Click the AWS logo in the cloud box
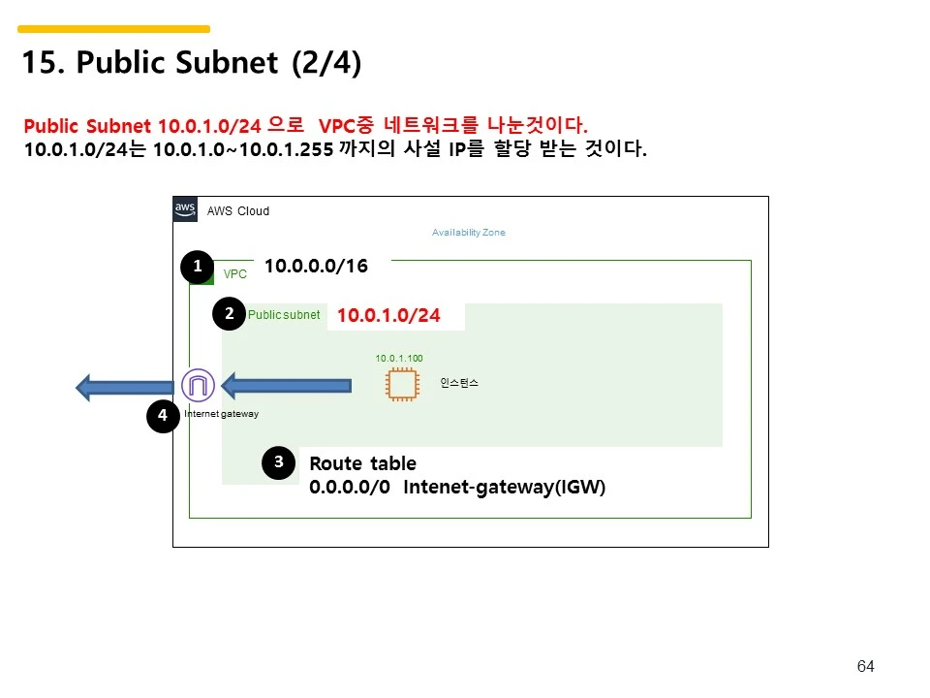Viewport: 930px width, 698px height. [x=185, y=208]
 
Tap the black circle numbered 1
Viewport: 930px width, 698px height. [x=198, y=267]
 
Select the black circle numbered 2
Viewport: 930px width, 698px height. [x=230, y=314]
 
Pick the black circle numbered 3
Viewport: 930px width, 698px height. [x=278, y=463]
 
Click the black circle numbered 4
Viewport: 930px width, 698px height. [x=163, y=416]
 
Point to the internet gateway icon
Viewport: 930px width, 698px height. [x=199, y=386]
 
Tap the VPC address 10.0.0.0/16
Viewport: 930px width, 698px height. [x=316, y=266]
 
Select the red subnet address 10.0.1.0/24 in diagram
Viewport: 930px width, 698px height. [x=388, y=316]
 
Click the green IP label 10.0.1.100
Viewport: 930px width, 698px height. [x=399, y=359]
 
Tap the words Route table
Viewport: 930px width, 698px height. [x=362, y=463]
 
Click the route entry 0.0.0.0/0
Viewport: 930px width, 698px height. [x=350, y=487]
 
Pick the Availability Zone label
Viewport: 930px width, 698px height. [x=468, y=233]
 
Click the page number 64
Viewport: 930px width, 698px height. [x=866, y=666]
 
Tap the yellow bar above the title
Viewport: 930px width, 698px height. [x=113, y=29]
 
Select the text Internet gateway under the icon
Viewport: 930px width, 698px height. [x=222, y=414]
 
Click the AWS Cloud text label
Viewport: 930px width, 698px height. [x=238, y=211]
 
